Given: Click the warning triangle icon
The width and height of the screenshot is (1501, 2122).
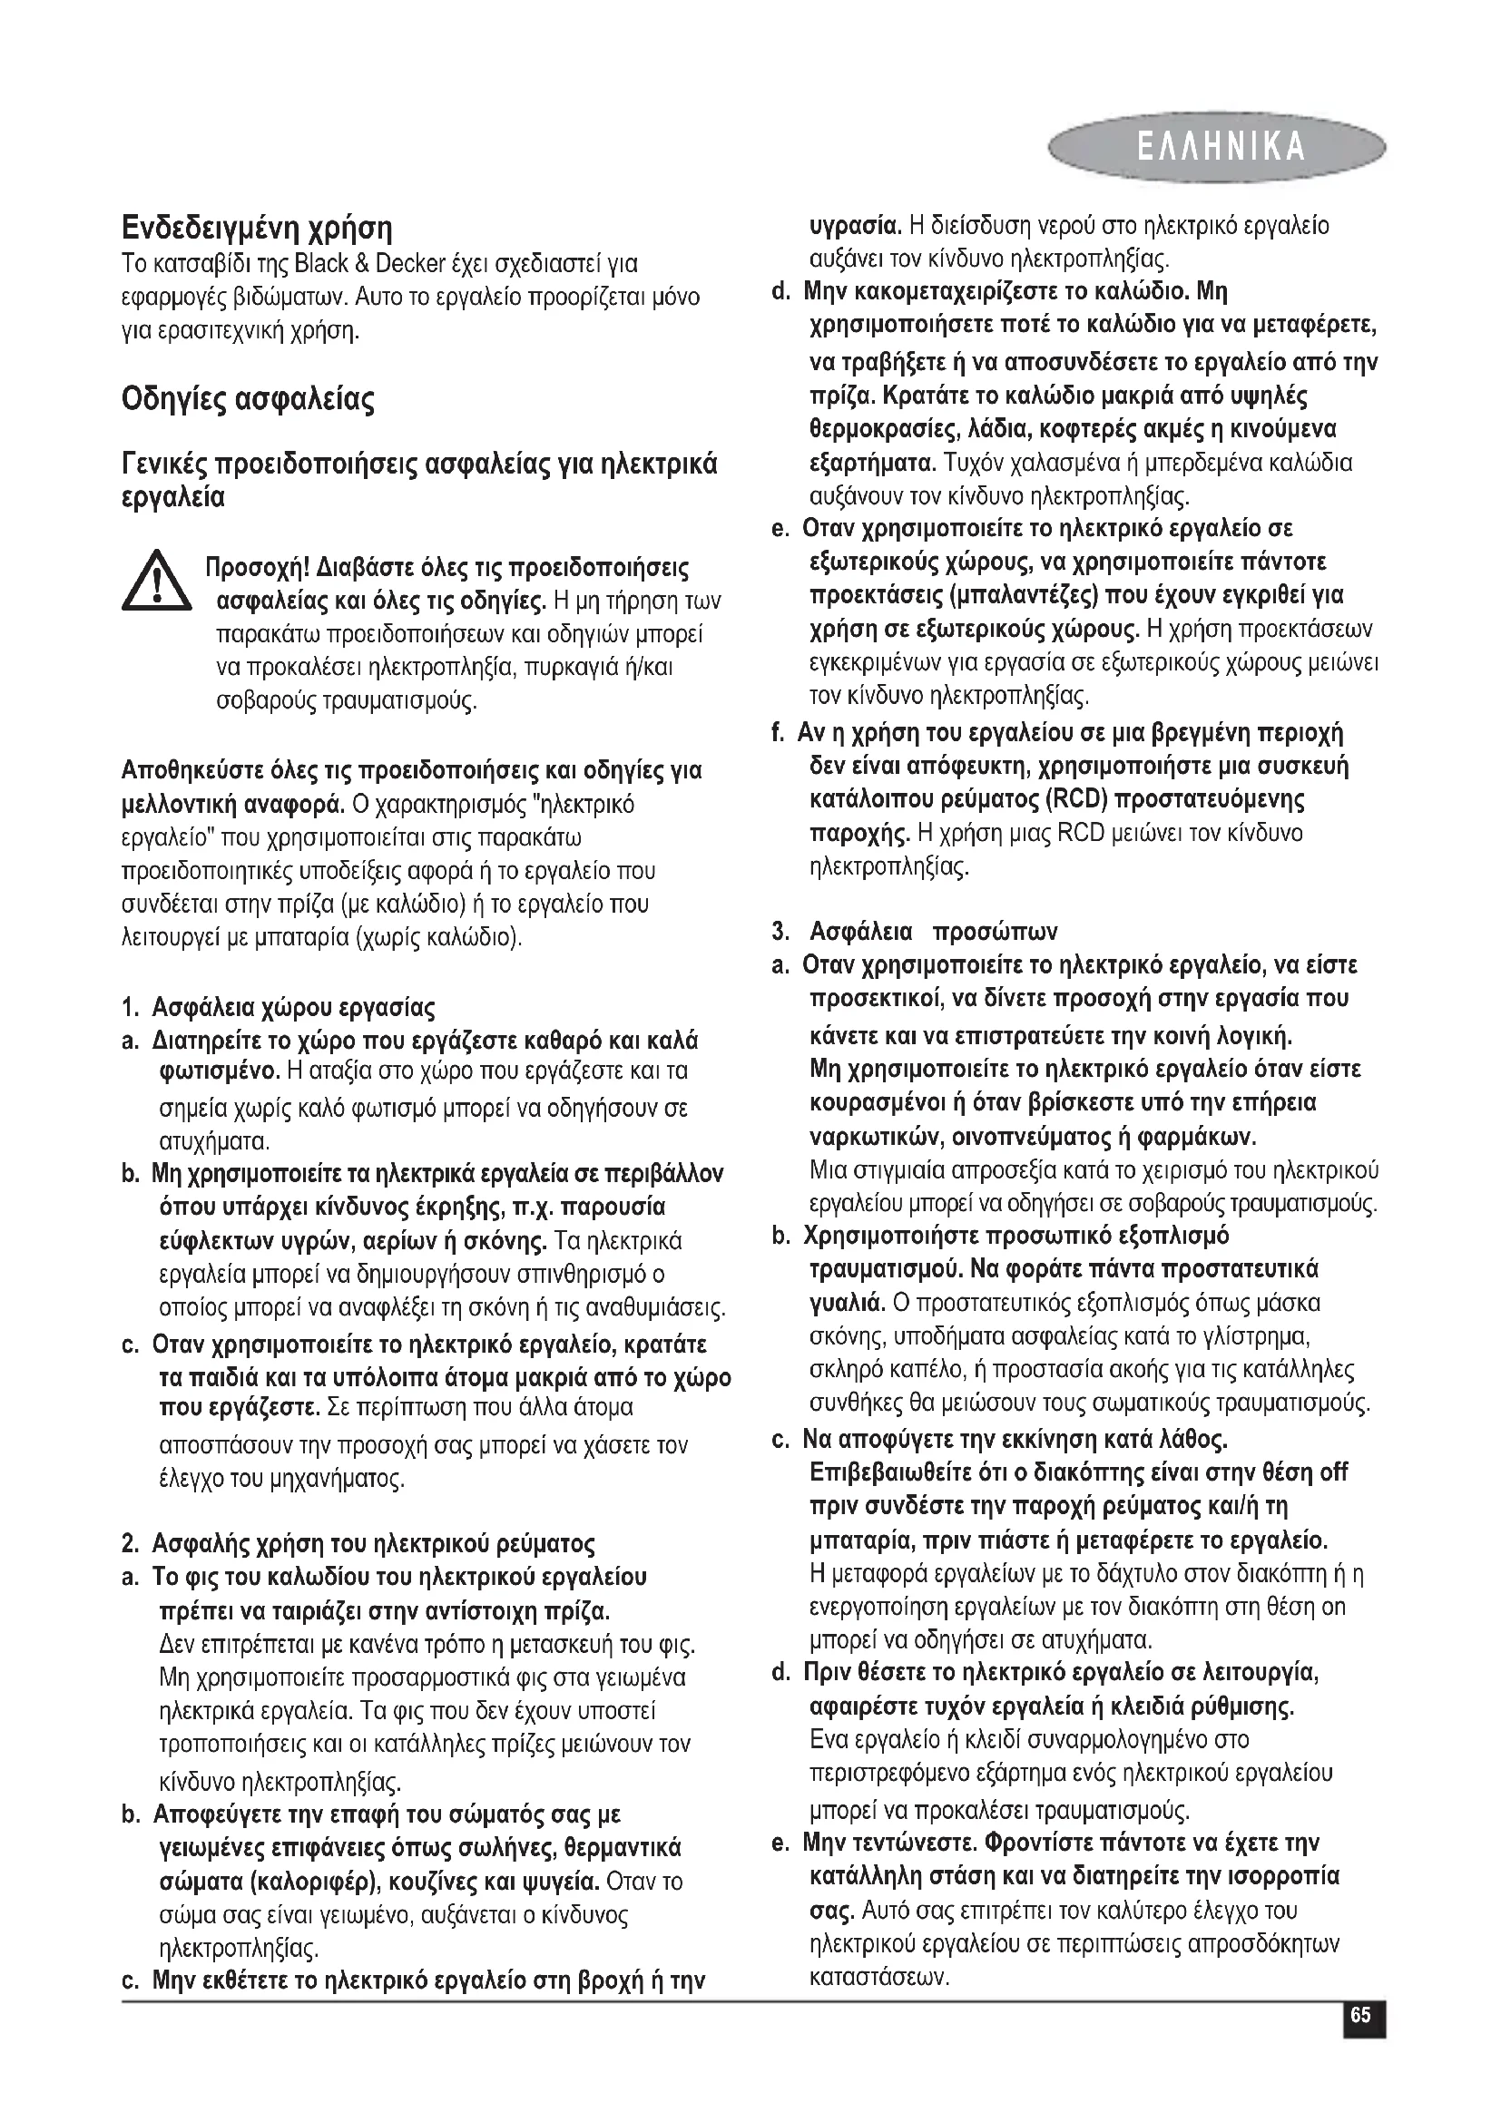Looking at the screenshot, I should (157, 582).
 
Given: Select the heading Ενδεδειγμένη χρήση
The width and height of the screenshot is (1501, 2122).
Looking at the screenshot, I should (257, 228).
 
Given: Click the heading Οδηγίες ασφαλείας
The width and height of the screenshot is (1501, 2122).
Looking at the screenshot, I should (248, 400).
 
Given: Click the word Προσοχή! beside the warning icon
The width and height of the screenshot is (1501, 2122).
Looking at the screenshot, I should (256, 565).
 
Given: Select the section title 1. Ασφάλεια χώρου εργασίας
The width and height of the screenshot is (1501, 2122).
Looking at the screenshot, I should (279, 1006).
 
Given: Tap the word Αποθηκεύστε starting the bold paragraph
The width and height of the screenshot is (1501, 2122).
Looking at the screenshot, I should (191, 771).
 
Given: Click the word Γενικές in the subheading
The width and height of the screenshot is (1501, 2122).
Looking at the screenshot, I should (165, 464).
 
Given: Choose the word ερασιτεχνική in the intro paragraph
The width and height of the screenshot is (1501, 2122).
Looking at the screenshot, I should (218, 330).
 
